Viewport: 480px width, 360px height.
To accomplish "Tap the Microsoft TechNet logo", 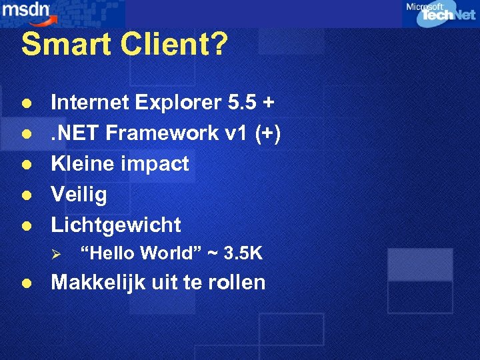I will [439, 13].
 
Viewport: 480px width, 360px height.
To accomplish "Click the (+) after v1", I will [268, 133].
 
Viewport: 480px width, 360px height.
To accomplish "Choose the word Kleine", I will [83, 163].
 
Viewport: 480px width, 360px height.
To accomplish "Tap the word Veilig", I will [79, 194].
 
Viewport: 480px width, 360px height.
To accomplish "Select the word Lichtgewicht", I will [116, 225].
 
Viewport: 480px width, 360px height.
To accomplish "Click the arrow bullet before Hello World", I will [57, 254].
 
